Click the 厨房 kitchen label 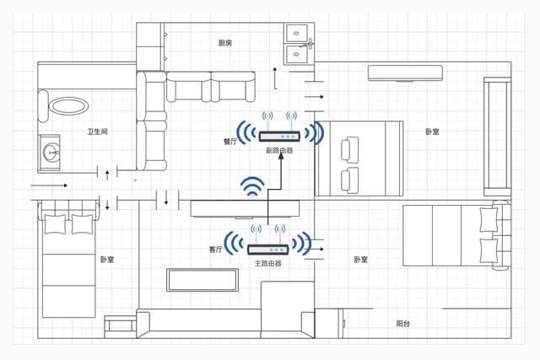tap(224, 42)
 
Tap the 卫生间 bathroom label tap(97, 132)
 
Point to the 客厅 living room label tap(216, 250)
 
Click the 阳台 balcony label tap(404, 324)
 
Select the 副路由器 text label tap(279, 150)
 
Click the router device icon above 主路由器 tap(268, 249)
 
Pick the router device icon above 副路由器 tap(279, 136)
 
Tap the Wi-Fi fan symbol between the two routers tap(251, 187)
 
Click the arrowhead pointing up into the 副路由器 tap(279, 160)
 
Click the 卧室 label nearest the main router tap(360, 260)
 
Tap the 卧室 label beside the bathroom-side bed tap(107, 260)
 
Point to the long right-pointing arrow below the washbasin tap(48, 184)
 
